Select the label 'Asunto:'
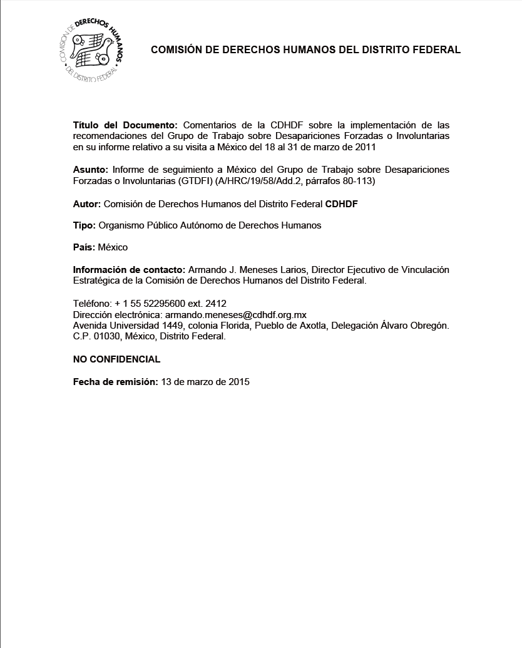[x=91, y=170]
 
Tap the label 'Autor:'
[x=87, y=203]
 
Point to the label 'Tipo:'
[x=84, y=225]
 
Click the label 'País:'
[x=84, y=247]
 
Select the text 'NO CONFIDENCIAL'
[x=116, y=359]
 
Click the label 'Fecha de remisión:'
[x=116, y=381]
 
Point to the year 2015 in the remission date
[x=238, y=381]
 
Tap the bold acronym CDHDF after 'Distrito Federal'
[x=342, y=203]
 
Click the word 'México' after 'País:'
[x=113, y=247]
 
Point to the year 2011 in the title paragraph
[x=364, y=147]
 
